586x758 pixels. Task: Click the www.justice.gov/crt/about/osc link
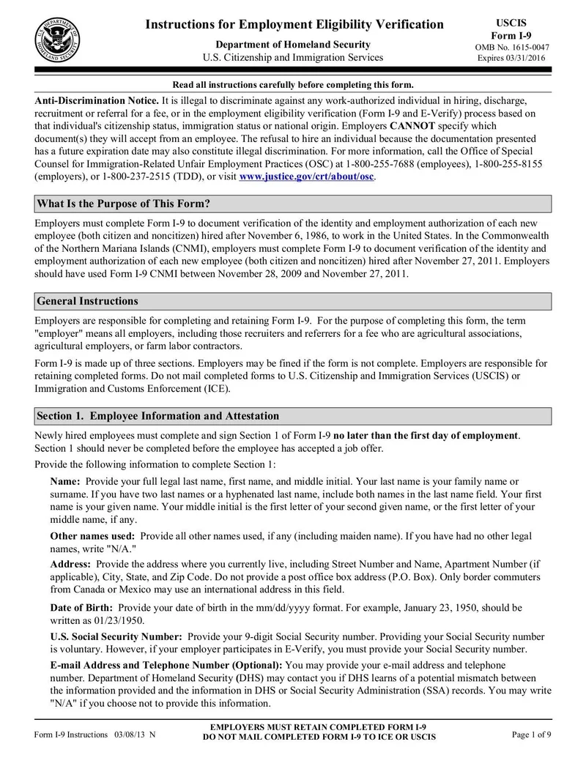[x=307, y=177]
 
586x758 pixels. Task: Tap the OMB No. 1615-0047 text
[x=512, y=48]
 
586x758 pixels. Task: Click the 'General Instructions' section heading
[x=87, y=301]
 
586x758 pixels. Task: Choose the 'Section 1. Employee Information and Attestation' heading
[x=157, y=416]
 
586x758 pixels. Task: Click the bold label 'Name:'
[x=66, y=481]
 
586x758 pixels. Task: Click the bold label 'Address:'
[x=70, y=564]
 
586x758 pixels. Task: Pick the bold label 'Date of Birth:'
[x=81, y=607]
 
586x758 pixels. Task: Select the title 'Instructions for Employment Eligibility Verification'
[x=294, y=25]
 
